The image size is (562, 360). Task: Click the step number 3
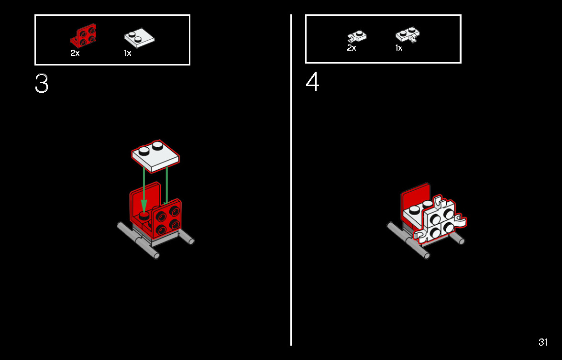coord(42,84)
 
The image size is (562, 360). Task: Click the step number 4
coord(312,82)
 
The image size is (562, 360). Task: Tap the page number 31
coord(543,342)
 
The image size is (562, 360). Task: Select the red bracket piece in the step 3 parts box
coord(84,36)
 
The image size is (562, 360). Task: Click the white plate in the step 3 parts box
coord(140,38)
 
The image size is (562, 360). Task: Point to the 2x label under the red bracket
coord(75,53)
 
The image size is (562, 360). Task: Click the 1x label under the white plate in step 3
coord(128,53)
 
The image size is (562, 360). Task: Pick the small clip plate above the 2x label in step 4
coord(357,36)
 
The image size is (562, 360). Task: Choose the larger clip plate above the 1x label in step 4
coord(408,35)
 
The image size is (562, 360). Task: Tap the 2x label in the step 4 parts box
coord(351,48)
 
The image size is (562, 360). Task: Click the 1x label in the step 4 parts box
coord(399,48)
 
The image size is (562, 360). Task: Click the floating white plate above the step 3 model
coord(155,156)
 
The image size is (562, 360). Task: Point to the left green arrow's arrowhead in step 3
coord(143,207)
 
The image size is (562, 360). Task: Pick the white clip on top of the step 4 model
coord(438,201)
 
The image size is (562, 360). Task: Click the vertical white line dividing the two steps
coord(291,180)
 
